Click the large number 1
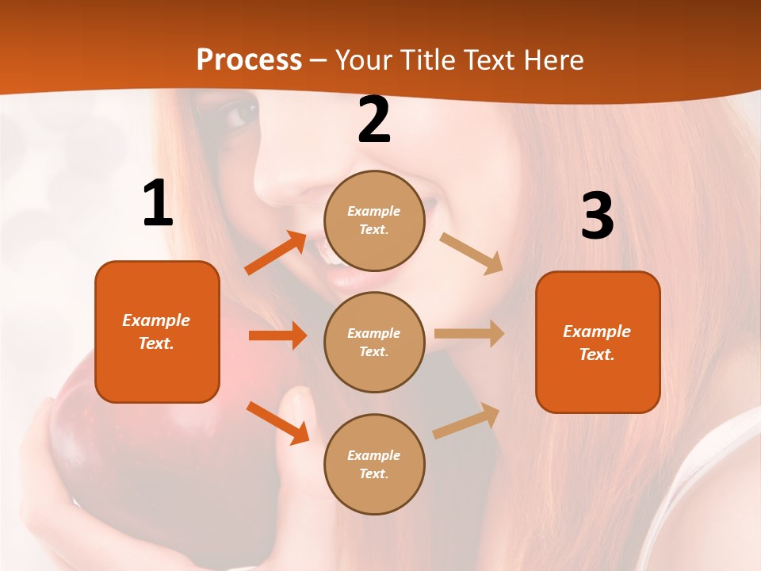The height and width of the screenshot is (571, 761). (x=158, y=204)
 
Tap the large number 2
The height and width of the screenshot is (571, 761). (x=374, y=121)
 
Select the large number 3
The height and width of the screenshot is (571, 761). (x=597, y=217)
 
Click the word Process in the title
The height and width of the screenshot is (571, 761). (x=249, y=59)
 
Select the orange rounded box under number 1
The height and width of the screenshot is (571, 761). (x=157, y=331)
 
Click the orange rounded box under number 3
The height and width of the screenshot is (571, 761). (x=598, y=342)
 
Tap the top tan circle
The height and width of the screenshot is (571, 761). (x=374, y=220)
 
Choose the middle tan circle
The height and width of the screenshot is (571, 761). (x=374, y=342)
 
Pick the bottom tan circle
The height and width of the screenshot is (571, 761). (x=374, y=464)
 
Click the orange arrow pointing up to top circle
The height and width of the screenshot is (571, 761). (x=276, y=252)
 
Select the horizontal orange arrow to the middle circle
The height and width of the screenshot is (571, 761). (x=277, y=335)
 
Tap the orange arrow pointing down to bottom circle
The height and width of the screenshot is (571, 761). (x=277, y=423)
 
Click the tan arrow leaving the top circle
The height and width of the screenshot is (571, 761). (x=472, y=254)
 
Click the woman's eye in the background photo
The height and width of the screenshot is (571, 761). (x=240, y=115)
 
